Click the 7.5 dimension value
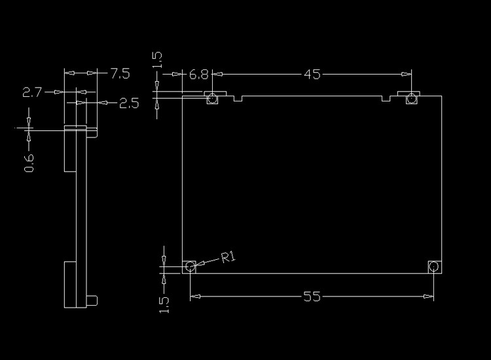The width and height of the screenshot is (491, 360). [x=120, y=73]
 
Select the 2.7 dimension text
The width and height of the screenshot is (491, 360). [x=32, y=93]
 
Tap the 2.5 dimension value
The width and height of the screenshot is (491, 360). [x=129, y=103]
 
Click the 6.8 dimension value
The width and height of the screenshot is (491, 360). [x=199, y=75]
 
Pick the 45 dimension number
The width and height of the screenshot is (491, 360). [x=312, y=75]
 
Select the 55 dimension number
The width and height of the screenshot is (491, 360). [x=312, y=297]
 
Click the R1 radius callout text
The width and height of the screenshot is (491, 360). [x=228, y=258]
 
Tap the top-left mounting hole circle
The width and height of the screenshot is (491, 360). [x=212, y=99]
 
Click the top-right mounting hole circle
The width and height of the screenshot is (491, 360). [x=412, y=99]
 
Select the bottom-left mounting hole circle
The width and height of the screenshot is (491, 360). [x=190, y=266]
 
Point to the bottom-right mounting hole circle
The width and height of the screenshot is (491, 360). [x=433, y=266]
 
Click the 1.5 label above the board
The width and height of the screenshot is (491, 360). [x=157, y=60]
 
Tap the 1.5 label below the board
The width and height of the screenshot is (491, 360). [x=164, y=304]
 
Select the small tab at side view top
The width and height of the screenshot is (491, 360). [x=93, y=133]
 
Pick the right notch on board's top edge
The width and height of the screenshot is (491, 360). [x=386, y=98]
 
